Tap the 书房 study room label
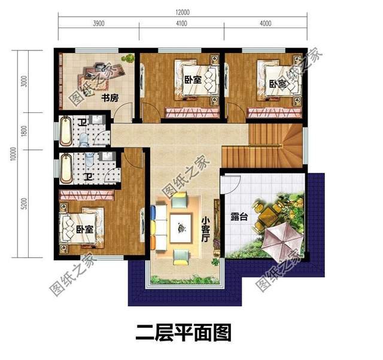[x=109, y=97]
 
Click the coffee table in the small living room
[x=181, y=226]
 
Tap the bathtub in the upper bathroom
[x=65, y=131]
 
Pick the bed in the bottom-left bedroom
[x=84, y=227]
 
